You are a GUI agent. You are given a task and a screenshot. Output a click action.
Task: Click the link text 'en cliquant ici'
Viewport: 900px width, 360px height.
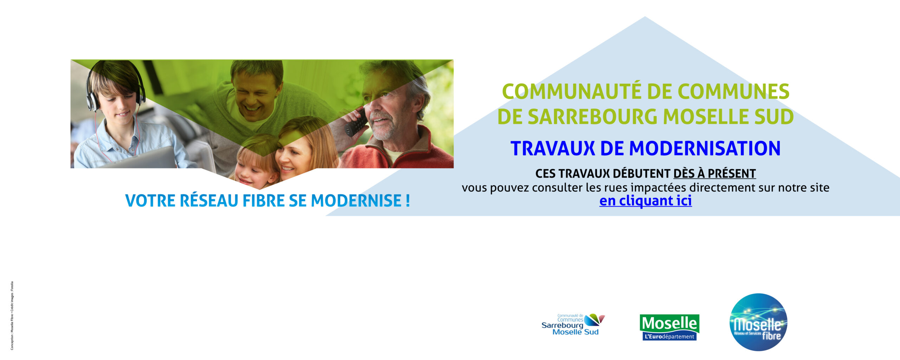(645, 201)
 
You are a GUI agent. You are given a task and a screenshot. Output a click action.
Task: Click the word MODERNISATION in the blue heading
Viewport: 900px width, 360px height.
(705, 148)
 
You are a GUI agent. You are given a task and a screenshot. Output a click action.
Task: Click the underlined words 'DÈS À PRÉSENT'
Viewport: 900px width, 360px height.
(715, 174)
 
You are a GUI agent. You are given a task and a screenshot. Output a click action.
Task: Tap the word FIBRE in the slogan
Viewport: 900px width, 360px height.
(264, 201)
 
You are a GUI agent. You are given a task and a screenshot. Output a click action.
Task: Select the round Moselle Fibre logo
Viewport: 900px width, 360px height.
(758, 322)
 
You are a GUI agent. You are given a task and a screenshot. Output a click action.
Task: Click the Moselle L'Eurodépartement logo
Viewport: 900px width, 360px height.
(669, 328)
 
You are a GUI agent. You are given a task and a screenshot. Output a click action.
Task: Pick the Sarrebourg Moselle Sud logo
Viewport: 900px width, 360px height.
(573, 324)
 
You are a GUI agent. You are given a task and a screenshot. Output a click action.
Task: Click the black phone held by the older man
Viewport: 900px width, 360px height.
(356, 122)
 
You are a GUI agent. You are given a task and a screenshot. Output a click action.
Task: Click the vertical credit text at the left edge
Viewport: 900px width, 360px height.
(12, 315)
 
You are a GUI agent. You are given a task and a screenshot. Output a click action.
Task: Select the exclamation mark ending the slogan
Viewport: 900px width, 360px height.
(407, 201)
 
